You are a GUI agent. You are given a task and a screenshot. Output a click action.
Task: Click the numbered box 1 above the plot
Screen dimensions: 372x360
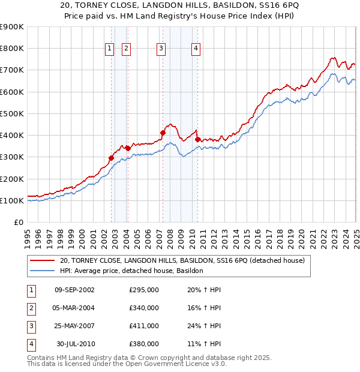(x=110, y=49)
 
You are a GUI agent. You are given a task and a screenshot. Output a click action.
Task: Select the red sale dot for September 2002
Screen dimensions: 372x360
(x=111, y=158)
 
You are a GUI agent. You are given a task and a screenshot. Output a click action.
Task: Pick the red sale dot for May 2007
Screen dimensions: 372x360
(x=163, y=133)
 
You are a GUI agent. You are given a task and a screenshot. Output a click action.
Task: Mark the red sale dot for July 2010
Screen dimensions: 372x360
(x=197, y=139)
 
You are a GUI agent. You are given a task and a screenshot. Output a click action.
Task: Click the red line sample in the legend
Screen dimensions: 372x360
(x=41, y=260)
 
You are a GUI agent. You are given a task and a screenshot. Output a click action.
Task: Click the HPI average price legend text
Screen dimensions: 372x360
(x=131, y=271)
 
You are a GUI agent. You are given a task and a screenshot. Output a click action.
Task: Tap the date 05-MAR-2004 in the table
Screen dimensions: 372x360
(x=74, y=308)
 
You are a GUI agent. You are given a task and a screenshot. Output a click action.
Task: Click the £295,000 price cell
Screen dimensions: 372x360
(x=143, y=290)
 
